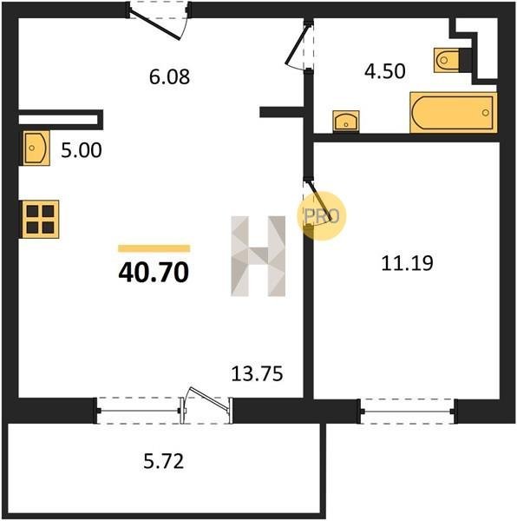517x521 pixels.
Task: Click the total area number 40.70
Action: (154, 273)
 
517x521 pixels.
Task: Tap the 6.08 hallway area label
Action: (169, 77)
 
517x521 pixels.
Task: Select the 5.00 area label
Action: (82, 150)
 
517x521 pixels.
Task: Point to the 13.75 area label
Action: (257, 373)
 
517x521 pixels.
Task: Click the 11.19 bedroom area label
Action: (407, 263)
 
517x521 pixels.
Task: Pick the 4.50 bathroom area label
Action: (385, 71)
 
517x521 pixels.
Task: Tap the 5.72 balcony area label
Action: (164, 462)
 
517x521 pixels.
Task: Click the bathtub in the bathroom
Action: (454, 113)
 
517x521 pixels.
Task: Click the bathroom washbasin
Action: (346, 122)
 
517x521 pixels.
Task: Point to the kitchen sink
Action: (36, 148)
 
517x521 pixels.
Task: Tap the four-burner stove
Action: (40, 219)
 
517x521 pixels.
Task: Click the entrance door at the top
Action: (158, 21)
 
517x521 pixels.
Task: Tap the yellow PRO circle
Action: (321, 216)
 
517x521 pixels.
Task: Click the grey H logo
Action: (258, 256)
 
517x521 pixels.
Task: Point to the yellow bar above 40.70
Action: (154, 248)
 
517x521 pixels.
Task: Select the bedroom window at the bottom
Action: (407, 411)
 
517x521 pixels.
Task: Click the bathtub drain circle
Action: (486, 113)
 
